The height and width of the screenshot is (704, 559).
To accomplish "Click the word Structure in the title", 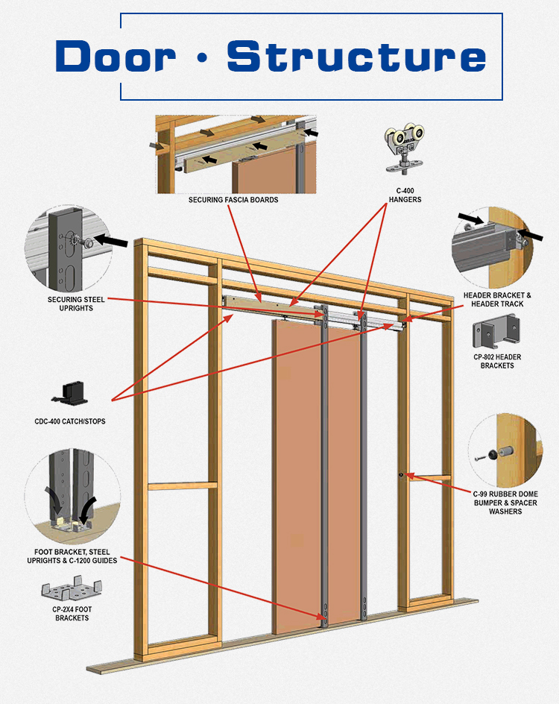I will click(356, 56).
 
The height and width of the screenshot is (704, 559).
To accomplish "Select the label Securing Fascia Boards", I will click(233, 200).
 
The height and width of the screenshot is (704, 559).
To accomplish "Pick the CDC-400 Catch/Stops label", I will click(70, 421).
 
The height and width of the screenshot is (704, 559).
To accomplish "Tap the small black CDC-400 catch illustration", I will click(73, 392).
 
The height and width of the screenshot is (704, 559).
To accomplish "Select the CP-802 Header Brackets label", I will click(497, 361).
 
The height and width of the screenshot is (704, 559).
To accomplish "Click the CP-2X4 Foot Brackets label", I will click(72, 614).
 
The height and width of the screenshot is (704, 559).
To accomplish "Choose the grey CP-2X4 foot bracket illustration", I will click(72, 591).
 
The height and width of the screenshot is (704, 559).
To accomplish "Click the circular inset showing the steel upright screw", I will click(68, 246).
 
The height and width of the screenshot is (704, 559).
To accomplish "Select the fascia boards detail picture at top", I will click(235, 154).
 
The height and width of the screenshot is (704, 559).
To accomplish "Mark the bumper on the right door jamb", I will click(401, 474).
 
